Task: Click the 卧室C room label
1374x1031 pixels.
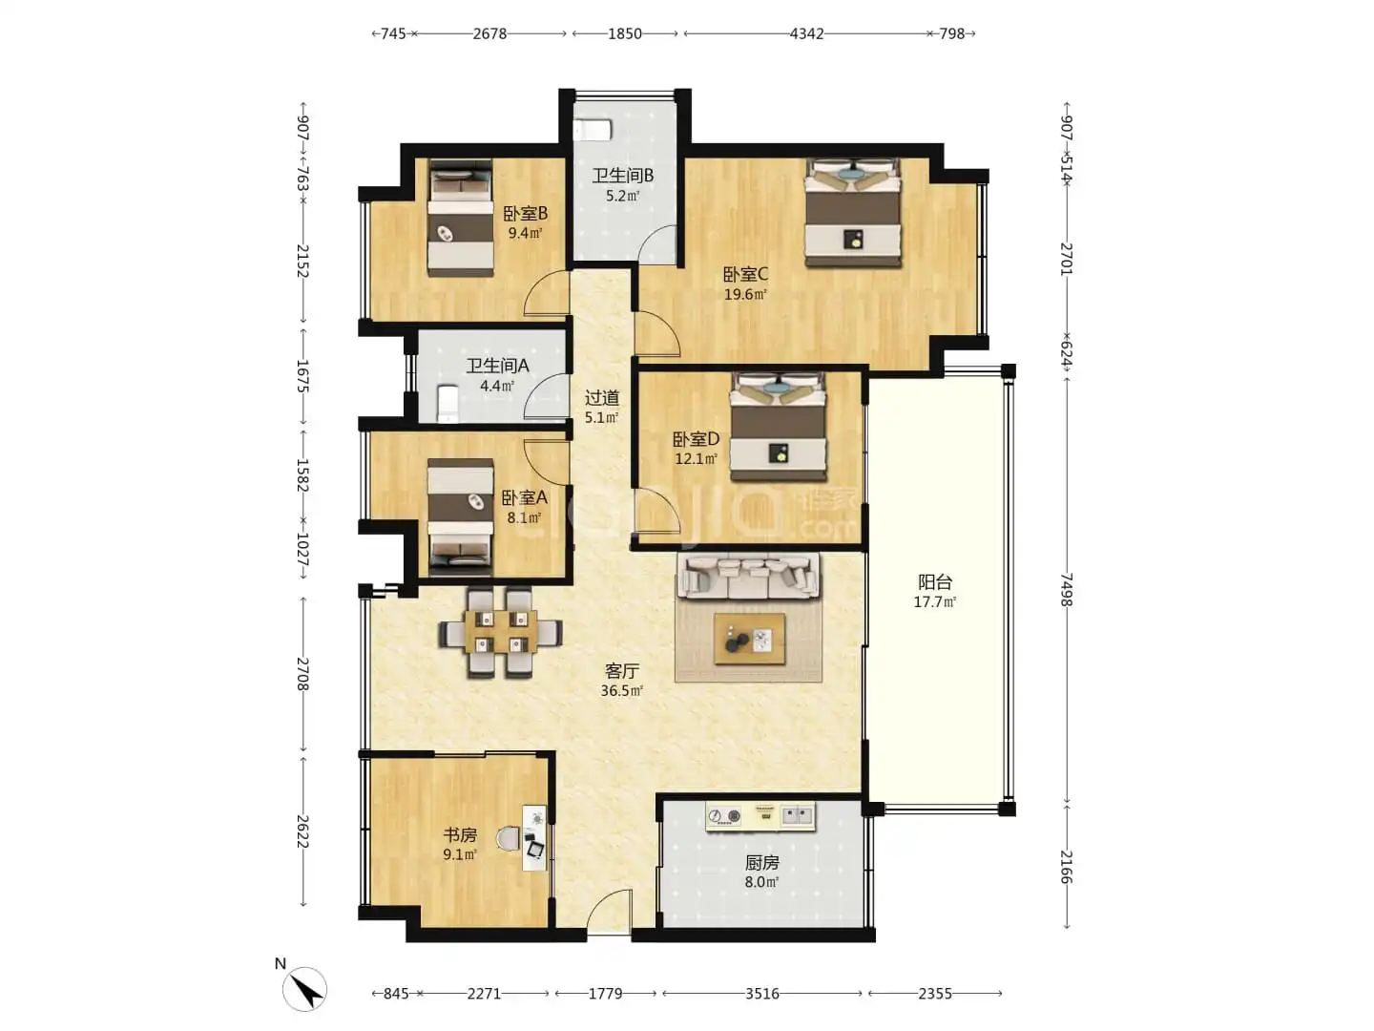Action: click(745, 274)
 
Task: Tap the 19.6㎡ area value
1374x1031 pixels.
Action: click(745, 294)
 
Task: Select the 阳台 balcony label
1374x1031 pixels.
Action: click(934, 582)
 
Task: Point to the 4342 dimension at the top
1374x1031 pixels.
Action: click(806, 33)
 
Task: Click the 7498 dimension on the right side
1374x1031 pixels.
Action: click(1066, 590)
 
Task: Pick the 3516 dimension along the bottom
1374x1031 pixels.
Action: click(761, 994)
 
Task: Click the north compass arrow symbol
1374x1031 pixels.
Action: click(304, 989)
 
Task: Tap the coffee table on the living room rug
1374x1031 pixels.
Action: click(749, 639)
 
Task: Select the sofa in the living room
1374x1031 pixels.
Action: click(749, 576)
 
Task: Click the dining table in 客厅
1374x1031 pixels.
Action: click(500, 632)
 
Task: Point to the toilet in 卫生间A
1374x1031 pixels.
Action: click(448, 404)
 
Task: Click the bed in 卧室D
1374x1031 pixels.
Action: click(778, 427)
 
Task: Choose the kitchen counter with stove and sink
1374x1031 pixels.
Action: click(760, 816)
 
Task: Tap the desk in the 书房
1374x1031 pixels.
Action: click(534, 837)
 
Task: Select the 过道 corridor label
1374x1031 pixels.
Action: click(601, 397)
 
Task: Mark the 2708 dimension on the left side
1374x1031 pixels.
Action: click(303, 674)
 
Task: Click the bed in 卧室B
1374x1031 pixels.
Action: click(460, 218)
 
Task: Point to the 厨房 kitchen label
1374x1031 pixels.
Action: click(761, 863)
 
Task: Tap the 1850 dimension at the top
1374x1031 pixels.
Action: click(625, 33)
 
